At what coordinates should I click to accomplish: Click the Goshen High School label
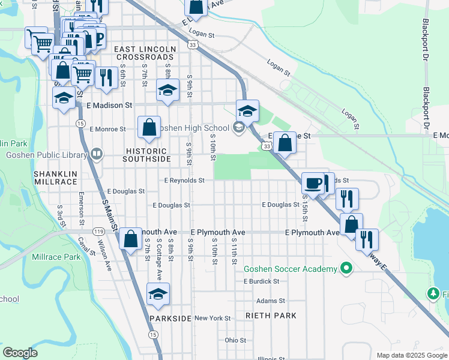(195, 128)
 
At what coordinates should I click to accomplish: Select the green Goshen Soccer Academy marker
(346, 269)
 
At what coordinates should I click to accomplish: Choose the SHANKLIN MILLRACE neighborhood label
(55, 177)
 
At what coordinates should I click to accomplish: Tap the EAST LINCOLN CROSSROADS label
(145, 53)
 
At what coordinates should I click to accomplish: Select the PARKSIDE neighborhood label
(170, 318)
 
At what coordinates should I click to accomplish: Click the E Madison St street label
(109, 105)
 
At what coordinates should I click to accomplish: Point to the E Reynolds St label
(184, 180)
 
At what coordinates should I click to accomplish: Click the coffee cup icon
(313, 182)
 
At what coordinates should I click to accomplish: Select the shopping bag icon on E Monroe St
(149, 127)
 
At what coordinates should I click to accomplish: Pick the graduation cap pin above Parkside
(158, 294)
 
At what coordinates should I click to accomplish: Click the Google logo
(20, 353)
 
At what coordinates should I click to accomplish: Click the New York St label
(212, 318)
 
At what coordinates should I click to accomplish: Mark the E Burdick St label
(261, 281)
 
